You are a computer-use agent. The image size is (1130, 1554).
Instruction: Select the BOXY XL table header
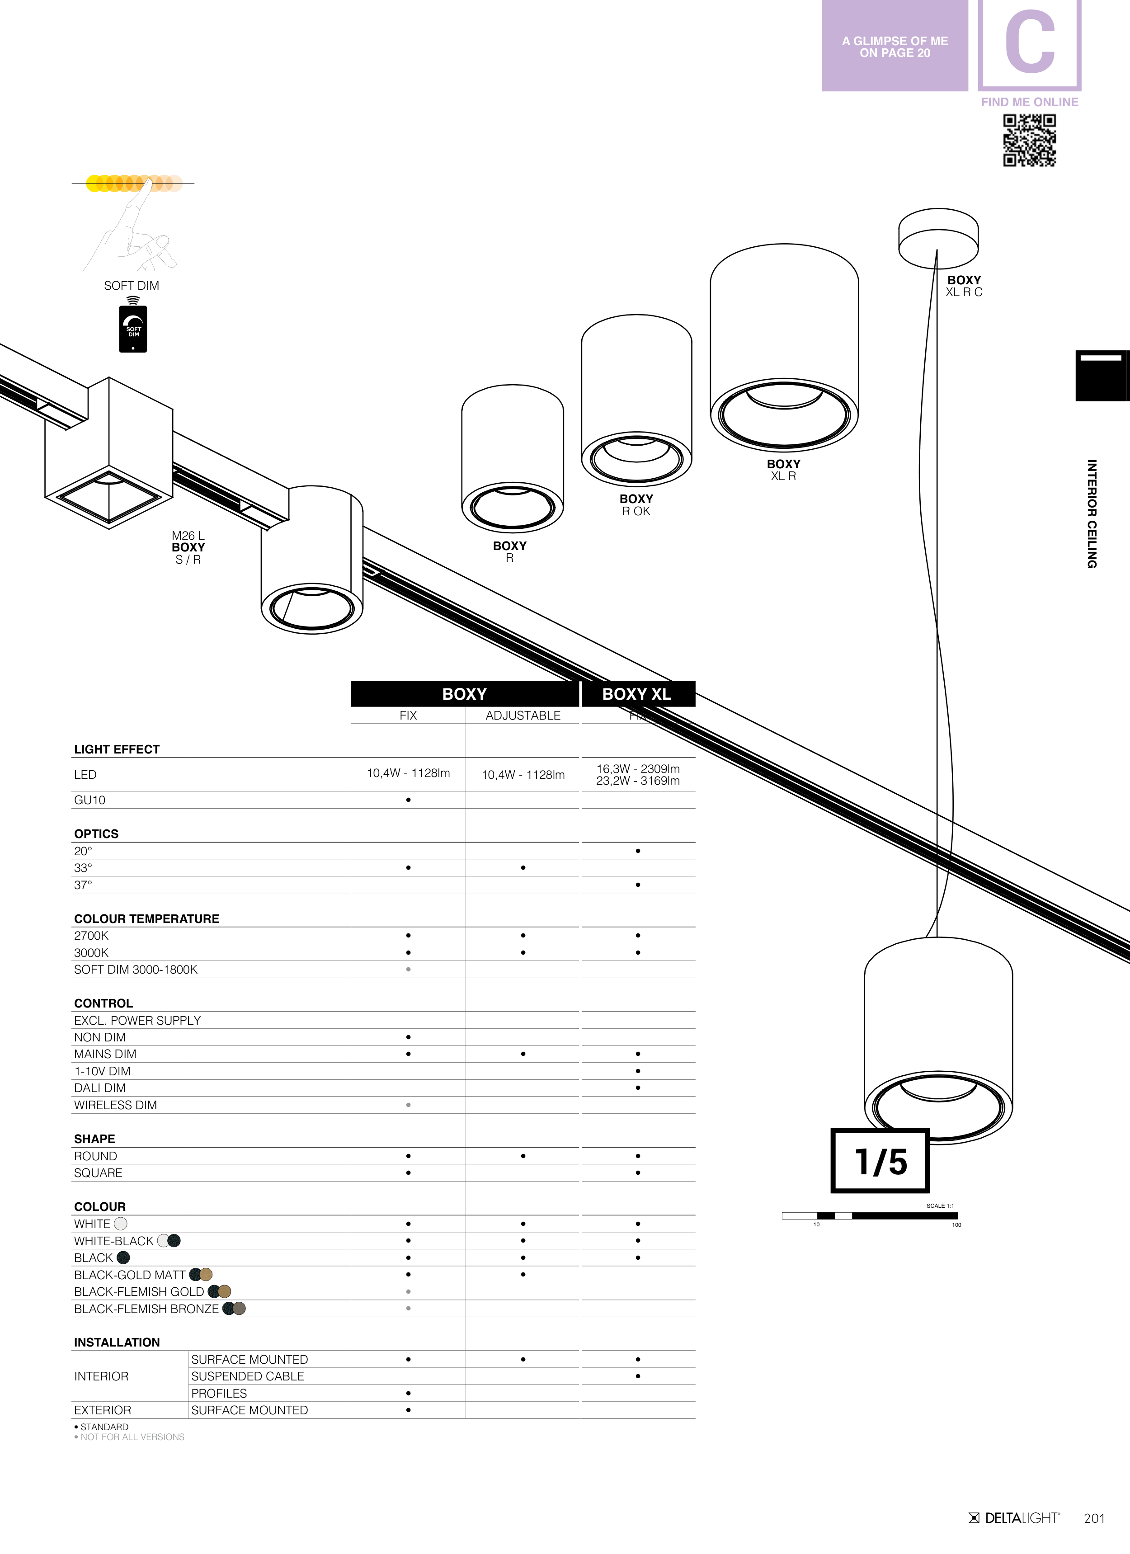636,694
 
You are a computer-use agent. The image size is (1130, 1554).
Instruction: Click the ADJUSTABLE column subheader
523,716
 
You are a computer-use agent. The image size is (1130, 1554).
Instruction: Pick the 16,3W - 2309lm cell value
638,769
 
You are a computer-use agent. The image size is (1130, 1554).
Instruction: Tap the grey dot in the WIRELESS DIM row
409,1105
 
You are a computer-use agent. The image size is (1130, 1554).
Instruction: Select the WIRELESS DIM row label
115,1105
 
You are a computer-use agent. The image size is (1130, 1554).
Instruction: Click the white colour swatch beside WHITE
121,1224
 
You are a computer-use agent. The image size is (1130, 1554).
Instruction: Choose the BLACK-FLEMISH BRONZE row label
146,1309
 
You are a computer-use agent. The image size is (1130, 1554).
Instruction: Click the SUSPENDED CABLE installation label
247,1376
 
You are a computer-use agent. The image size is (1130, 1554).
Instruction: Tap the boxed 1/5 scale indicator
880,1161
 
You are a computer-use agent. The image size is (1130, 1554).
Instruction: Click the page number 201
1094,1518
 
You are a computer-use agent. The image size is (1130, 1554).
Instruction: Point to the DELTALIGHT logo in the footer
1014,1518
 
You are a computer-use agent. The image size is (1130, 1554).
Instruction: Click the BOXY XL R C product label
964,286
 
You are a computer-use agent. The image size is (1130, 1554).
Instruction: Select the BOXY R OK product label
636,505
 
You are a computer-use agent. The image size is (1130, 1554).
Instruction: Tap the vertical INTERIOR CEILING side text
1092,514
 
